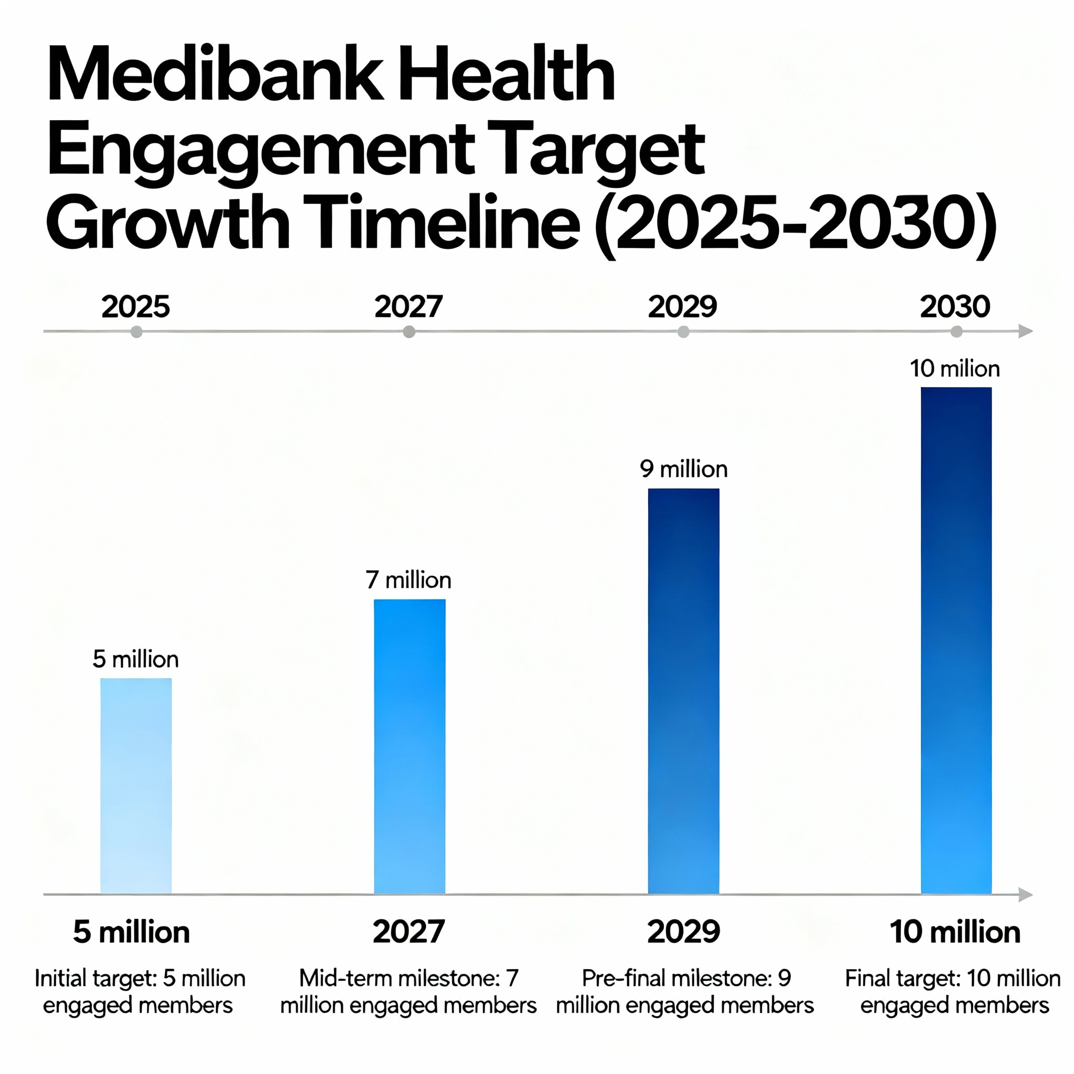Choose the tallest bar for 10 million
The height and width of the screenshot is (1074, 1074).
(956, 640)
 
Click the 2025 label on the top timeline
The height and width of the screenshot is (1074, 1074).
(136, 306)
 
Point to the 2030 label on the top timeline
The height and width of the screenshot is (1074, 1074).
(955, 306)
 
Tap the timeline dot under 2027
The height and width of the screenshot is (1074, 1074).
(409, 332)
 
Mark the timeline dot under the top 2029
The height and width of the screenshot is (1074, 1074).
(683, 332)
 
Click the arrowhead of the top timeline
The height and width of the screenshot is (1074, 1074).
(1025, 331)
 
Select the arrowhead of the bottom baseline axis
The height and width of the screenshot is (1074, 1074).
(1025, 895)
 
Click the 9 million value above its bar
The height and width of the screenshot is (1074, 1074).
(683, 469)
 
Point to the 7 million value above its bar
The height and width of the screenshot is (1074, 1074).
(409, 581)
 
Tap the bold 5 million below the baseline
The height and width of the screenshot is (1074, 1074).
(131, 932)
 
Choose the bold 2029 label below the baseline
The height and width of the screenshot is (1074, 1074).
(683, 932)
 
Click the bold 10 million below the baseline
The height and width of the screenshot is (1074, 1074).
(954, 932)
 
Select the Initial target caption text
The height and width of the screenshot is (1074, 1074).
(139, 991)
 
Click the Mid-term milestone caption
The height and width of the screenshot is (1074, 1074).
(409, 991)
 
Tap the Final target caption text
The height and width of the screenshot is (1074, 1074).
(953, 991)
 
